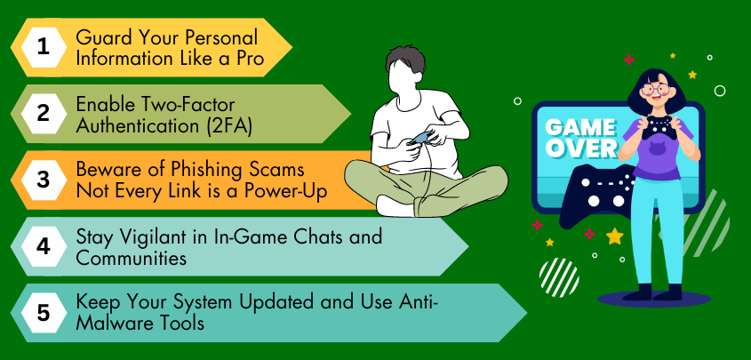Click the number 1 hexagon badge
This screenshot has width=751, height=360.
pyautogui.click(x=43, y=48)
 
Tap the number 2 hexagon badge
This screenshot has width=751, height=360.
pyautogui.click(x=43, y=114)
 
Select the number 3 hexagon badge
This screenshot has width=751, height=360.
pyautogui.click(x=43, y=180)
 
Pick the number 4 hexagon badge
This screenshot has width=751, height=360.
pyautogui.click(x=43, y=247)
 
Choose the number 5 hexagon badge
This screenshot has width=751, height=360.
pyautogui.click(x=43, y=313)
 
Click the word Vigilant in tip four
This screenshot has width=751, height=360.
pyautogui.click(x=142, y=237)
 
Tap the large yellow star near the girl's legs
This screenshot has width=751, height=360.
pyautogui.click(x=614, y=236)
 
